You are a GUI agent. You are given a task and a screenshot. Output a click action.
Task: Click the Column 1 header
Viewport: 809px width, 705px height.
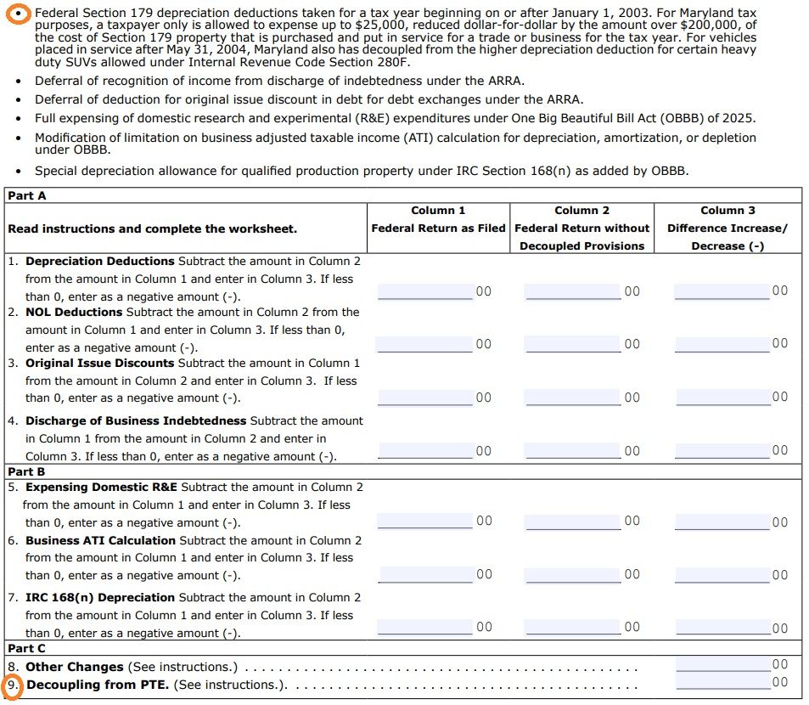(438, 211)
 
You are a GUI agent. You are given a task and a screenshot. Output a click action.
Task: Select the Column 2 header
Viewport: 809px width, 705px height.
(581, 211)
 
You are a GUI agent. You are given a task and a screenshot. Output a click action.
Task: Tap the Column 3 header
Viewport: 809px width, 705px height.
(728, 211)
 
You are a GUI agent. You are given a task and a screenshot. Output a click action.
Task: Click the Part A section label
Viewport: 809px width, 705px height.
(27, 195)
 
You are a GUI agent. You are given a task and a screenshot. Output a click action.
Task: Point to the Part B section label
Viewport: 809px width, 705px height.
(27, 471)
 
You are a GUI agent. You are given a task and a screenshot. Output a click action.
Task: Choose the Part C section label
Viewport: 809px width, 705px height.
(27, 648)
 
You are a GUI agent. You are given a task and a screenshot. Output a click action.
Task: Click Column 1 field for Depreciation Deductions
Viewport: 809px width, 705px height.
(425, 291)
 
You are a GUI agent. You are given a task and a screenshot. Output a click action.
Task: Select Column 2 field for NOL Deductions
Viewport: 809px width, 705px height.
(573, 344)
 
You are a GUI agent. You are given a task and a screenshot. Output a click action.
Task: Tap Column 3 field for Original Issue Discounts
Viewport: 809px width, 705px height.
(722, 397)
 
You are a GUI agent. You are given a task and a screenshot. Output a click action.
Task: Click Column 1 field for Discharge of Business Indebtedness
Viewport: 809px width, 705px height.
(425, 450)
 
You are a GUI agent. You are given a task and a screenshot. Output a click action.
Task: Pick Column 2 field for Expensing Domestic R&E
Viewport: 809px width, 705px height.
(573, 521)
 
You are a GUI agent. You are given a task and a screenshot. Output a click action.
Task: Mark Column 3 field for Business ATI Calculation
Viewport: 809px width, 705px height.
(722, 574)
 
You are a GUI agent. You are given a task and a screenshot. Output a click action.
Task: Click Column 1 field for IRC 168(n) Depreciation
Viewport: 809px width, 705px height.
(425, 627)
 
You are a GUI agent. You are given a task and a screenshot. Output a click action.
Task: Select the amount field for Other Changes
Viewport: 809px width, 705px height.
(722, 665)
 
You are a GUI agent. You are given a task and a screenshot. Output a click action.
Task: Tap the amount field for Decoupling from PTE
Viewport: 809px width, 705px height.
(722, 683)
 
